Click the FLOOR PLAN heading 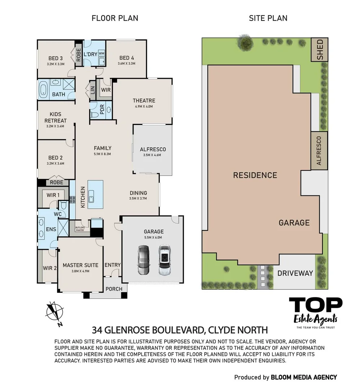115,18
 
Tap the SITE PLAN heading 268,18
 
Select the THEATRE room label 144,100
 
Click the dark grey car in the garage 144,260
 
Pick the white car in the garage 164,260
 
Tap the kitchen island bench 95,195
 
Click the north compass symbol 55,312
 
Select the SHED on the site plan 320,50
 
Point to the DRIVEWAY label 295,273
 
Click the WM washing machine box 101,53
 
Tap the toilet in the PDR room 94,115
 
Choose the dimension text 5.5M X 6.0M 153,237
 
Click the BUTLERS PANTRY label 80,229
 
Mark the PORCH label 114,289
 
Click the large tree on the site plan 246,43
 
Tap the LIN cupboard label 93,90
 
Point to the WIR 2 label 50,268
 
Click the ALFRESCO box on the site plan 319,151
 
